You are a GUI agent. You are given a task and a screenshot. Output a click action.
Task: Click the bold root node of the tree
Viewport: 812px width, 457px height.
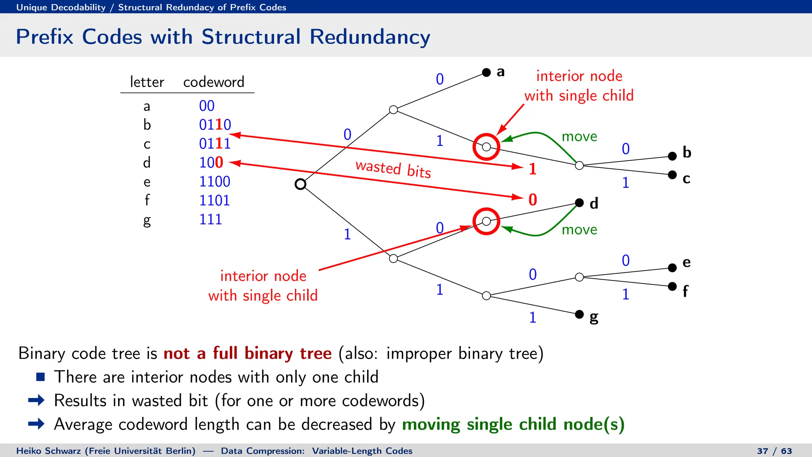pyautogui.click(x=301, y=184)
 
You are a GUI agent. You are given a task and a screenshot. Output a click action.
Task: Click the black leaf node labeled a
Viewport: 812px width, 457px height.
pyautogui.click(x=486, y=72)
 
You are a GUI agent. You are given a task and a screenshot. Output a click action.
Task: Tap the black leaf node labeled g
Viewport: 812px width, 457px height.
pyautogui.click(x=579, y=314)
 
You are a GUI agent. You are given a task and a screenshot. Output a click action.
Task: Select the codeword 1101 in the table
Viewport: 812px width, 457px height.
pyautogui.click(x=214, y=200)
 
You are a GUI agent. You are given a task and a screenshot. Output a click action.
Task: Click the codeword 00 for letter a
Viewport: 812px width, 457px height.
pyautogui.click(x=207, y=106)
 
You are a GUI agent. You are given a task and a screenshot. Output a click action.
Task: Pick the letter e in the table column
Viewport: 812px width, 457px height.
pyautogui.click(x=147, y=182)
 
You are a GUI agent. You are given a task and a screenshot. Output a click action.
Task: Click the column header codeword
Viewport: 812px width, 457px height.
pyautogui.click(x=214, y=82)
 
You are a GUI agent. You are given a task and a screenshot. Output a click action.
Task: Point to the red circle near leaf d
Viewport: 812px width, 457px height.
pyautogui.click(x=486, y=221)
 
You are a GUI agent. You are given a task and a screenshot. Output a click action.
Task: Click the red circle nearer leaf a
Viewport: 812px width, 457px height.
pyautogui.click(x=486, y=147)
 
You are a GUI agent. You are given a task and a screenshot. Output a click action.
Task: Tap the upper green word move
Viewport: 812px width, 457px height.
pyautogui.click(x=579, y=136)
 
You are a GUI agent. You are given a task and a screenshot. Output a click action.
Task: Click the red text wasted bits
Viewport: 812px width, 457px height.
pyautogui.click(x=393, y=169)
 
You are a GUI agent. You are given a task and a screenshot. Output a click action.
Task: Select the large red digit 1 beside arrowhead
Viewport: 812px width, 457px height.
pyautogui.click(x=532, y=169)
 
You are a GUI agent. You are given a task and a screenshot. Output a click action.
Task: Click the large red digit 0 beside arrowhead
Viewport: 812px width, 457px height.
pyautogui.click(x=532, y=200)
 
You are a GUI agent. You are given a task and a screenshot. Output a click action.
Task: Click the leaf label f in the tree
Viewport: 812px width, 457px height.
pyautogui.click(x=685, y=292)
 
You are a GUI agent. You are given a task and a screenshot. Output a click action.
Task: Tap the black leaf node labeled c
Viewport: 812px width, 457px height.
pyautogui.click(x=672, y=175)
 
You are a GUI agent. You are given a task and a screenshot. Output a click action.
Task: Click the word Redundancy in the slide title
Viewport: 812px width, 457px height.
pyautogui.click(x=370, y=37)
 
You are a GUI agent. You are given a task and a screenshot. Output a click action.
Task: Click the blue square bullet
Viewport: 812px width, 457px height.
pyautogui.click(x=40, y=377)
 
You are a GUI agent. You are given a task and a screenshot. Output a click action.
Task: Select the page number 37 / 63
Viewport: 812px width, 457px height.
pyautogui.click(x=774, y=451)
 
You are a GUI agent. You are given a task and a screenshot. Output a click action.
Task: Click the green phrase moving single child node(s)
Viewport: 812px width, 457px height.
pyautogui.click(x=513, y=424)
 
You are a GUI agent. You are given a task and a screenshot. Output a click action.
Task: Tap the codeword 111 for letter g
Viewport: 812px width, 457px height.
pyautogui.click(x=210, y=219)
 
